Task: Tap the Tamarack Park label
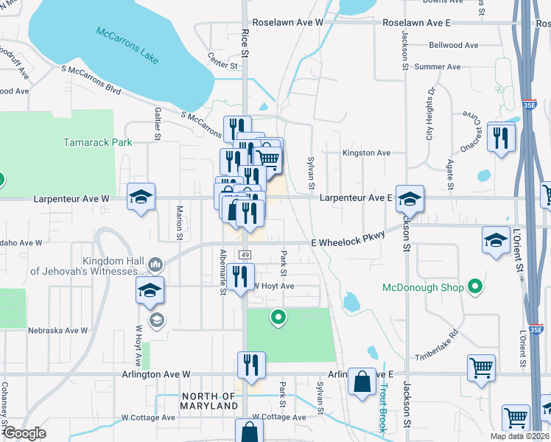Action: (x=97, y=142)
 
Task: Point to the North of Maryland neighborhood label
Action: (x=210, y=401)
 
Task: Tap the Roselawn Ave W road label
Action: (x=288, y=23)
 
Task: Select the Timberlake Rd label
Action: (x=436, y=344)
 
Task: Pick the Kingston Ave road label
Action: (x=366, y=152)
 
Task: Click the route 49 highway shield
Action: (x=245, y=254)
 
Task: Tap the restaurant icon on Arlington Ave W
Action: (x=251, y=365)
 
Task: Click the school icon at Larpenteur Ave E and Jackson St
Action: (x=410, y=198)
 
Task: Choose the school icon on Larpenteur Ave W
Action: (x=141, y=197)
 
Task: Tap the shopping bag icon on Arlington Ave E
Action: (x=362, y=382)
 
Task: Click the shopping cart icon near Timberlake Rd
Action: (x=481, y=368)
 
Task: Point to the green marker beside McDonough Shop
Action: (x=476, y=287)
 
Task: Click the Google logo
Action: (x=24, y=433)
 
